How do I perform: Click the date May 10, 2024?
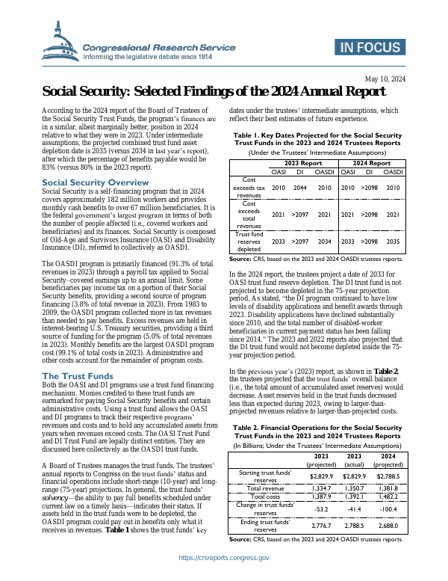pyautogui.click(x=385, y=79)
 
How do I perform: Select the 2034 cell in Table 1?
pyautogui.click(x=324, y=242)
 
